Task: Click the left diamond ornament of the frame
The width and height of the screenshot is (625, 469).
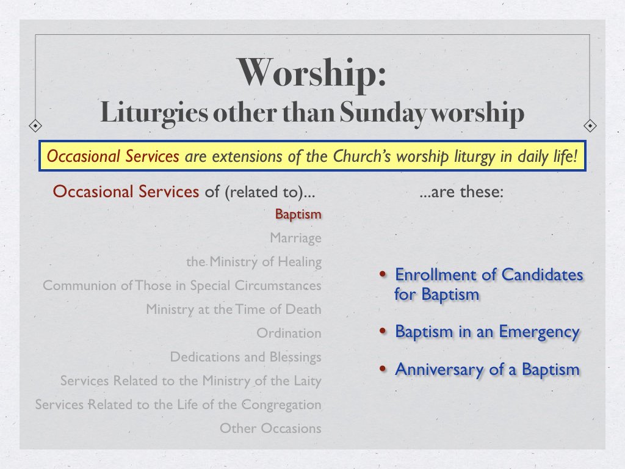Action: tap(35, 126)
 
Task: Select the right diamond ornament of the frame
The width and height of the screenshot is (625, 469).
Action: tap(590, 126)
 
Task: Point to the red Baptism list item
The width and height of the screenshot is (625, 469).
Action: tap(298, 215)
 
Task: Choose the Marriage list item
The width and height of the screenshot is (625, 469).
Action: tap(295, 238)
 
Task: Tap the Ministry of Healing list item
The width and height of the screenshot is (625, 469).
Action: tap(254, 262)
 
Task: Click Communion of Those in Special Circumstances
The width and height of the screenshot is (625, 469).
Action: tap(182, 286)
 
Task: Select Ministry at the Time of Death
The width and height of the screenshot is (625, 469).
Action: tap(233, 310)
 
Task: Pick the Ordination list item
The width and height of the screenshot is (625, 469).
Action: tap(289, 333)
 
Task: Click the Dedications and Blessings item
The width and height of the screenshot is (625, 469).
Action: tap(245, 357)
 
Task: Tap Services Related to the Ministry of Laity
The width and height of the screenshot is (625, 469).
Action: tap(190, 381)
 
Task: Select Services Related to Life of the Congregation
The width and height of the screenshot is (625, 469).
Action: tap(178, 405)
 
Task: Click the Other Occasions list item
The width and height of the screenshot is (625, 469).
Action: tap(270, 429)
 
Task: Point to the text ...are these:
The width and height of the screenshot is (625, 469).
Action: tap(461, 192)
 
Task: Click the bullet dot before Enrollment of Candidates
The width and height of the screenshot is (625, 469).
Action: tap(383, 275)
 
